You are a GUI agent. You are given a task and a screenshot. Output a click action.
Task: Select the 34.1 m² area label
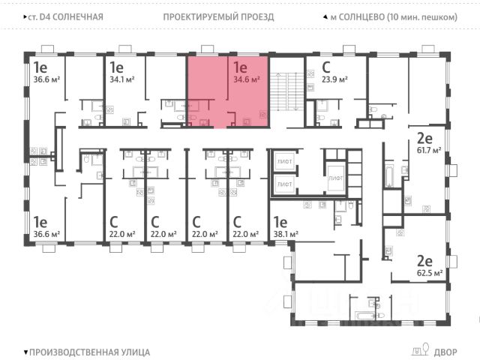coord(122,78)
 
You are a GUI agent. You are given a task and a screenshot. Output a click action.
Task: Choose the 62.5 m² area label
coord(433,273)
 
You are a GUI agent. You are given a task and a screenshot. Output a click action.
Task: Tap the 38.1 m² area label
coord(285,234)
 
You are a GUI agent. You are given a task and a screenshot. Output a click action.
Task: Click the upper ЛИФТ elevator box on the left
coord(284,161)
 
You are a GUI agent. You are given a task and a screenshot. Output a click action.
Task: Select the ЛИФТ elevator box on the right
coord(335,178)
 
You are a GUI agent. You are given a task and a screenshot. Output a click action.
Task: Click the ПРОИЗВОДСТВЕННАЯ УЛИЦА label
coord(87,351)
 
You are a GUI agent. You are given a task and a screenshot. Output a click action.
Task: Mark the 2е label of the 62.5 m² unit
coord(425,260)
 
